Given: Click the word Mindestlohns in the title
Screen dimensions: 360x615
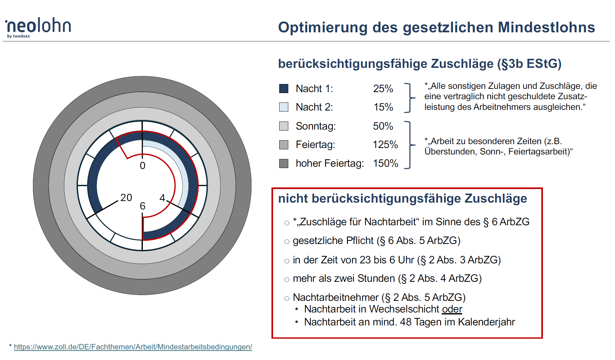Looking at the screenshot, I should click(546, 27).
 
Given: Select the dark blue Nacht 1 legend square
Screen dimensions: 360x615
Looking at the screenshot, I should click(283, 89).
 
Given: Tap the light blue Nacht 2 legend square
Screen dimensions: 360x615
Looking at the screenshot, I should click(283, 107).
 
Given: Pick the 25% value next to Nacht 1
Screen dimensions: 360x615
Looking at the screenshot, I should click(383, 89).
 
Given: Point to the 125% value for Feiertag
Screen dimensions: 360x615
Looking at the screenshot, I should click(385, 144).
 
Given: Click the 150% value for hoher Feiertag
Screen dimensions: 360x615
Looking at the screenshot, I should click(385, 163).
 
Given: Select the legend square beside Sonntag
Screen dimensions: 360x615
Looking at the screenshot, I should click(283, 126).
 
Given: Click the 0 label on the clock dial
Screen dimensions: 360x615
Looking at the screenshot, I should click(143, 165).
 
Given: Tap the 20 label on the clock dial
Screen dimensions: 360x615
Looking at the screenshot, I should click(126, 197).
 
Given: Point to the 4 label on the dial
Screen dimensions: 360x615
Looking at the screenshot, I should click(162, 197).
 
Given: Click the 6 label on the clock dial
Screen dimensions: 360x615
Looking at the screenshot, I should click(143, 206).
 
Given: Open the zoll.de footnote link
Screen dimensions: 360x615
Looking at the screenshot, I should click(133, 347).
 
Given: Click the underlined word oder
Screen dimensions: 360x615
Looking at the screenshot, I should click(452, 309).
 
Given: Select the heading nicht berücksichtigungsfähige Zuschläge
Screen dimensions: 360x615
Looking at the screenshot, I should click(402, 198).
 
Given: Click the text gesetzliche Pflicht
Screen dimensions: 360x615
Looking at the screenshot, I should click(333, 241).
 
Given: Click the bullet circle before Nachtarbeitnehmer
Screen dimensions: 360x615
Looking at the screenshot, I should click(287, 299).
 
